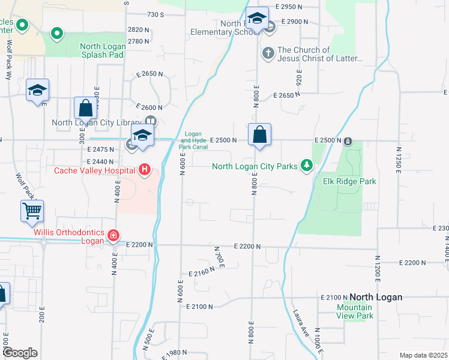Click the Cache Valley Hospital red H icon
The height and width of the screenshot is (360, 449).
click(144, 170)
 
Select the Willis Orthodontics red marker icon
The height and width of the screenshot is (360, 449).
click(113, 235)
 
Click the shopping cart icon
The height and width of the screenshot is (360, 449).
click(32, 211)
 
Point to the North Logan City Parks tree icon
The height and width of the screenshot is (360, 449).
click(306, 165)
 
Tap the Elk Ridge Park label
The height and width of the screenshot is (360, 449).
click(349, 181)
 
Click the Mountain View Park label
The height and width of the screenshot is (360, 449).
click(354, 311)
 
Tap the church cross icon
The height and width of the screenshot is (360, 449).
click(268, 54)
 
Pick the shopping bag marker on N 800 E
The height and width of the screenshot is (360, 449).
click(259, 135)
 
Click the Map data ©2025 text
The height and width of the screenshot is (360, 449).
click(423, 355)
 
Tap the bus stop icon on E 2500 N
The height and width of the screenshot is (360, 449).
click(348, 142)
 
